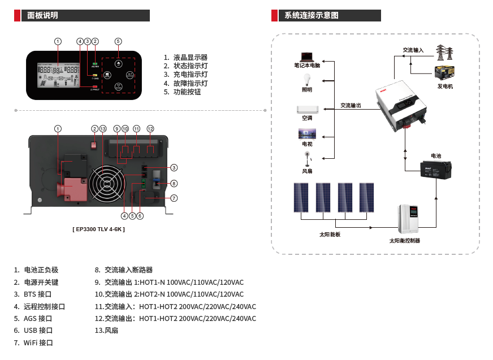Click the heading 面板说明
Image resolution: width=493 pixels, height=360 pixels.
pyautogui.click(x=42, y=16)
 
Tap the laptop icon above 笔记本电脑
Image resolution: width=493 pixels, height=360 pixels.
pyautogui.click(x=306, y=57)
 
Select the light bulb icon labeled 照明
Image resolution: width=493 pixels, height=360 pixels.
pyautogui.click(x=307, y=79)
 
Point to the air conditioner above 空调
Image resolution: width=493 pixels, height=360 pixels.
pyautogui.click(x=308, y=109)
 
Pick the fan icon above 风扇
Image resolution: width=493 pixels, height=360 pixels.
pyautogui.click(x=307, y=158)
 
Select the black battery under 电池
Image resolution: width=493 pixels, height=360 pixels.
pyautogui.click(x=435, y=169)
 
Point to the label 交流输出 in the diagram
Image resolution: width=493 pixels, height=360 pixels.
pyautogui.click(x=351, y=105)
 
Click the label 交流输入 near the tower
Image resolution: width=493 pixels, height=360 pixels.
pyautogui.click(x=413, y=50)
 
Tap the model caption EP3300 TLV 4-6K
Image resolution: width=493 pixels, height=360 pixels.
pyautogui.click(x=99, y=229)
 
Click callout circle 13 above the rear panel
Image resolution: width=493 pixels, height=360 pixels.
pyautogui.click(x=103, y=129)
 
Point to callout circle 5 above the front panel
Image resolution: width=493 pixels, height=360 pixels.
pyautogui.click(x=118, y=41)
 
